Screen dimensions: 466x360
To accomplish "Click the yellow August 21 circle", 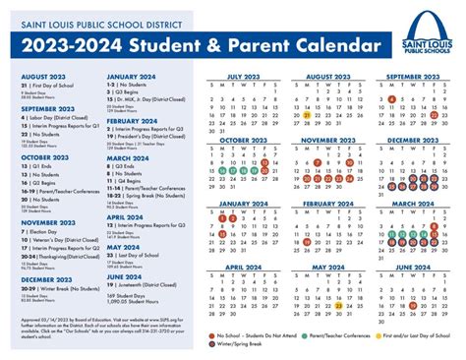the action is tap(307, 115).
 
